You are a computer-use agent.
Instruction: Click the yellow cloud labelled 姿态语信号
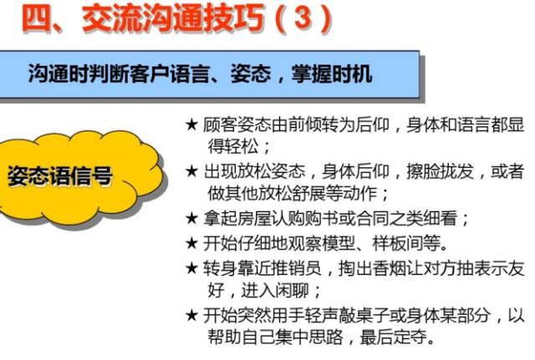coord(59,177)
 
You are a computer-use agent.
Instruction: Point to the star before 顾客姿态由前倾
coord(191,125)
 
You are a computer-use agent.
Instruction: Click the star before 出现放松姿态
coord(191,172)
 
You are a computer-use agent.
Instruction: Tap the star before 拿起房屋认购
coord(191,219)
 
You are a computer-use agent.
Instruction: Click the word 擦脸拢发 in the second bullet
coord(444,171)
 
